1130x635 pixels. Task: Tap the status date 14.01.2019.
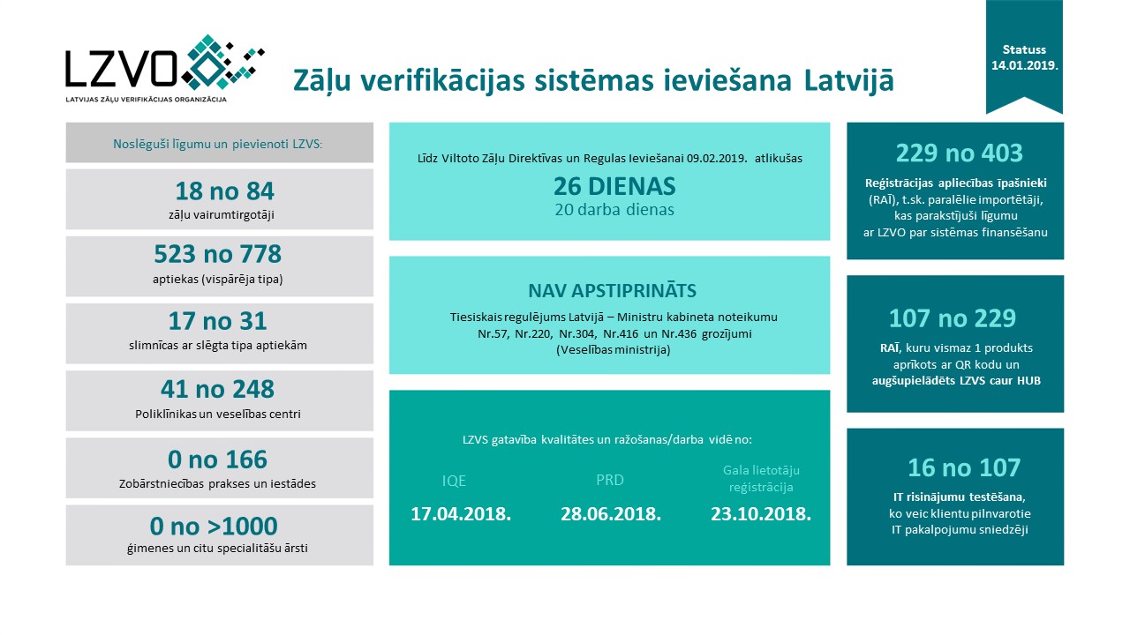click(1024, 65)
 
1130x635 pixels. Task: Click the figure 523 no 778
click(217, 255)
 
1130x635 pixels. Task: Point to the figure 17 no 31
click(217, 321)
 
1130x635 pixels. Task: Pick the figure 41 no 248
click(217, 389)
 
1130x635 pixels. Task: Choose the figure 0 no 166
click(217, 459)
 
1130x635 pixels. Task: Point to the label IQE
click(454, 481)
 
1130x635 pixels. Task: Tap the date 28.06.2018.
click(611, 513)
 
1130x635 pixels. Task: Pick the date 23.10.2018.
click(761, 513)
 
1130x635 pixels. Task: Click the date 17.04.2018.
click(461, 513)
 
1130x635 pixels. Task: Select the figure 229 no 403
click(959, 153)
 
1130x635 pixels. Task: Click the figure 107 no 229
click(953, 317)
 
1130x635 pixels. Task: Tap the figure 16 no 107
click(963, 467)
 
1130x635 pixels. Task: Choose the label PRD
click(611, 481)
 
